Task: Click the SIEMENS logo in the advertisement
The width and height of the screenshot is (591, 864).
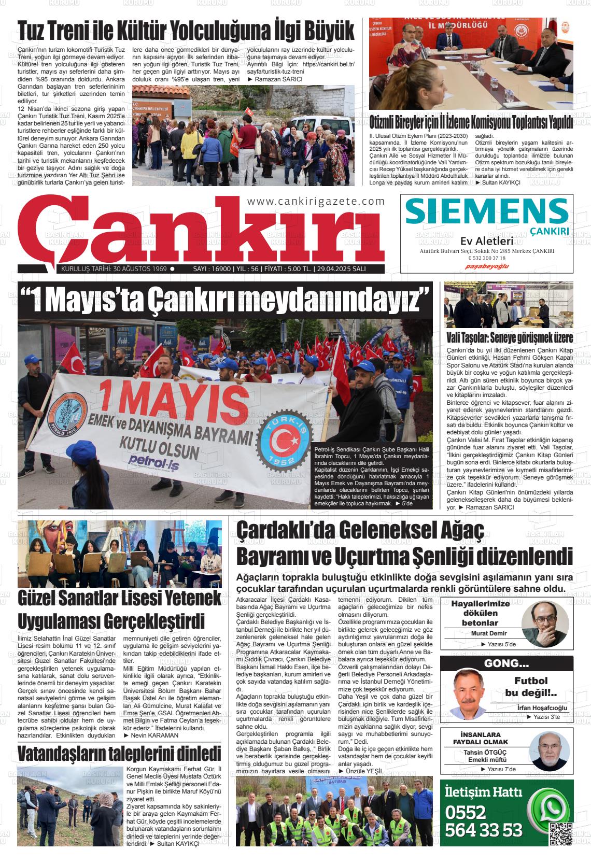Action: click(x=486, y=211)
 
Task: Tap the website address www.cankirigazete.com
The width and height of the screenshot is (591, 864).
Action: click(x=316, y=201)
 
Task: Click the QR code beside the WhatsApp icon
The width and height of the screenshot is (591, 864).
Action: click(x=560, y=834)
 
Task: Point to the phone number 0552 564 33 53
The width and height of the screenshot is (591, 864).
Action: click(x=483, y=821)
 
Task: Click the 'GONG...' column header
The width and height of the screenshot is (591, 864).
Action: click(x=506, y=664)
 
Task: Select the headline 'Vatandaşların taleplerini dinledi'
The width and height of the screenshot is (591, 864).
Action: click(x=119, y=754)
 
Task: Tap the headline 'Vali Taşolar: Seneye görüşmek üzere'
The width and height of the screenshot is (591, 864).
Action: click(x=510, y=338)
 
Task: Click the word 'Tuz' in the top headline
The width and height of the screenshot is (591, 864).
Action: click(x=32, y=31)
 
